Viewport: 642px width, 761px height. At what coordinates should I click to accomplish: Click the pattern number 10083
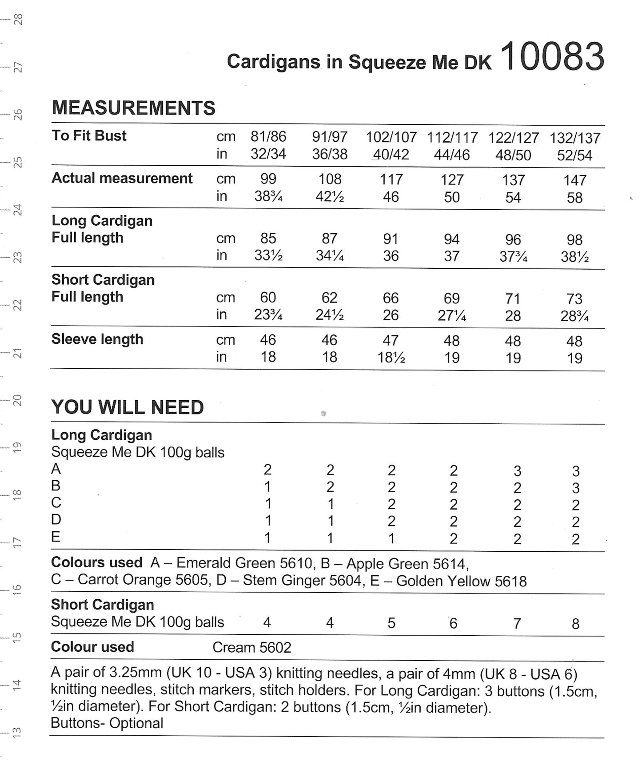pyautogui.click(x=554, y=57)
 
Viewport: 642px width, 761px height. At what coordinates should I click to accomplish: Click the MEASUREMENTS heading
pyautogui.click(x=133, y=108)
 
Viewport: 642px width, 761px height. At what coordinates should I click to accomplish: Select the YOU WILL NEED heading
pyautogui.click(x=128, y=407)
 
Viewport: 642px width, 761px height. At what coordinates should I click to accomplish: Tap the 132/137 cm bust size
pyautogui.click(x=575, y=138)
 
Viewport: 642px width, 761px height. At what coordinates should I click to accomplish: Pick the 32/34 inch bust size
pyautogui.click(x=268, y=154)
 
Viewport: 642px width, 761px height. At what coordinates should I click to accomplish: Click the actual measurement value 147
pyautogui.click(x=575, y=180)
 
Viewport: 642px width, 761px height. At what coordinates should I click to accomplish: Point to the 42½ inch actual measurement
pyautogui.click(x=330, y=196)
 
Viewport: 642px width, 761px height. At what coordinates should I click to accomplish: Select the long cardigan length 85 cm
pyautogui.click(x=268, y=238)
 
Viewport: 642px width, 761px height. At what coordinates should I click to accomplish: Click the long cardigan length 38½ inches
pyautogui.click(x=575, y=257)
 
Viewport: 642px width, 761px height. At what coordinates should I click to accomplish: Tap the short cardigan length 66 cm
pyautogui.click(x=391, y=298)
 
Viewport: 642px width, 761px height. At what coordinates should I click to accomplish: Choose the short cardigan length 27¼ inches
pyautogui.click(x=452, y=315)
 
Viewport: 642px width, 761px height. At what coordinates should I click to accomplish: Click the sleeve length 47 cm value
pyautogui.click(x=391, y=340)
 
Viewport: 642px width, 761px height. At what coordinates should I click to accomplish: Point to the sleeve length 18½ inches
pyautogui.click(x=391, y=357)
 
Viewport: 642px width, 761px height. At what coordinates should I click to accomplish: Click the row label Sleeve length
pyautogui.click(x=97, y=339)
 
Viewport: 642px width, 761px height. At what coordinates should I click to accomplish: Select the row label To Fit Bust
pyautogui.click(x=89, y=135)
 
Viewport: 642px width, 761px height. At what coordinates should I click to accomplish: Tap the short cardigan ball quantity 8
pyautogui.click(x=575, y=624)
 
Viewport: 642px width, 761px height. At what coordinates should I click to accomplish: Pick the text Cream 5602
pyautogui.click(x=251, y=647)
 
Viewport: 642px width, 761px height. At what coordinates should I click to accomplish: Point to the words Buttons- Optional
pyautogui.click(x=107, y=723)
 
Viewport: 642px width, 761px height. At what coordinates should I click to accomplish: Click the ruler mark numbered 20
pyautogui.click(x=17, y=400)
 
